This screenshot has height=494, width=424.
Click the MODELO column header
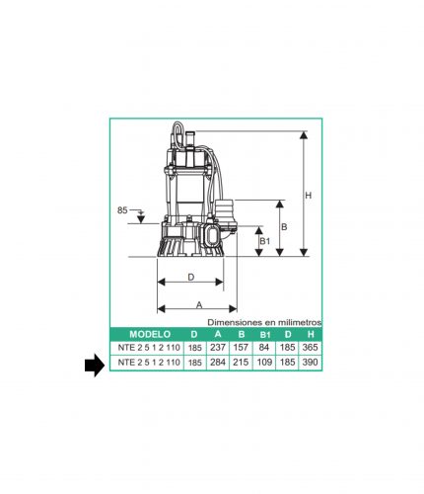coord(150,334)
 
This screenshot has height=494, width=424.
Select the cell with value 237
coord(218,348)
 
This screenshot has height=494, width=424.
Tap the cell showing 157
coord(241,348)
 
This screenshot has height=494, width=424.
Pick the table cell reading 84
coord(264,348)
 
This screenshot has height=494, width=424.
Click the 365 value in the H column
coord(310,348)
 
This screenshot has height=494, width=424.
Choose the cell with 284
coord(218,363)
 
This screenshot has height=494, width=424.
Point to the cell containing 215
coord(241,363)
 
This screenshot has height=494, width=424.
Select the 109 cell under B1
coord(264,363)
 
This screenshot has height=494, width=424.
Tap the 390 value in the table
coord(310,363)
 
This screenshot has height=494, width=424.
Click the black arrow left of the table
coord(95,366)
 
